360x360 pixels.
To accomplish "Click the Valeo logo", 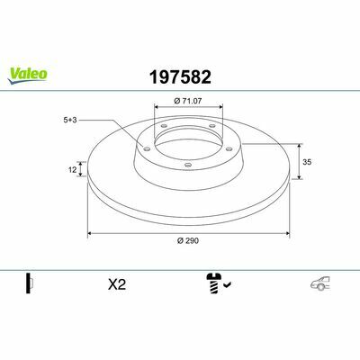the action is (x=27, y=76).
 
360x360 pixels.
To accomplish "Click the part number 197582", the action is (x=180, y=77).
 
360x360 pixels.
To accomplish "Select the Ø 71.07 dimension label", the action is (x=188, y=101).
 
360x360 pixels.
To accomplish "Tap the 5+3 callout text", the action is (x=70, y=120).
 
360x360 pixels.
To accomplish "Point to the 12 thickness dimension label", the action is (x=72, y=170).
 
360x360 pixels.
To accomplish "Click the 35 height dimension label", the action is (x=307, y=162).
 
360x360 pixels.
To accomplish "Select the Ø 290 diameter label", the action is (x=188, y=240).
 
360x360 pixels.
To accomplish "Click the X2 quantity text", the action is (x=117, y=284).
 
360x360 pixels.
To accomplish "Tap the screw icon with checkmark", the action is (x=219, y=283).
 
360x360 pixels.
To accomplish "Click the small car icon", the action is (x=320, y=283).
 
